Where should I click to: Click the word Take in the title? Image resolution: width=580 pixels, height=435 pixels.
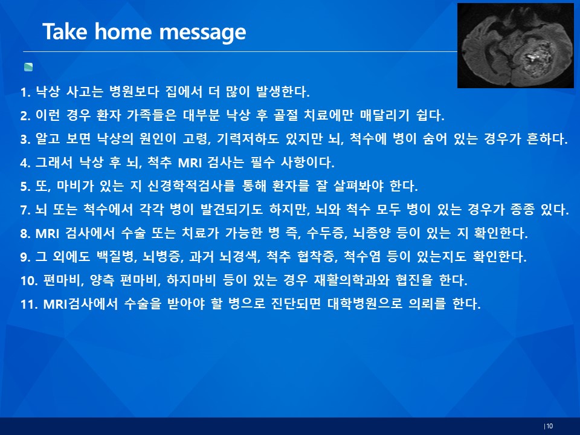pos(65,31)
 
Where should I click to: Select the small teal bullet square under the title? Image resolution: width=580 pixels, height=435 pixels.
pos(28,67)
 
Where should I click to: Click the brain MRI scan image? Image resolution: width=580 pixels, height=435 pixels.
pos(515,45)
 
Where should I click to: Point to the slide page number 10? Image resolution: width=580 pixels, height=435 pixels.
pos(549,426)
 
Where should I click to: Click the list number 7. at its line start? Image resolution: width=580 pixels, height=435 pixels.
pos(25,210)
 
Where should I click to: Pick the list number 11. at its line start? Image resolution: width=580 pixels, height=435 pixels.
pos(29,304)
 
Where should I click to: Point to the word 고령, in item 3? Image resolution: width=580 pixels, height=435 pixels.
pos(197,139)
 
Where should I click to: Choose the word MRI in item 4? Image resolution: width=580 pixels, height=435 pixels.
pos(189,163)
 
